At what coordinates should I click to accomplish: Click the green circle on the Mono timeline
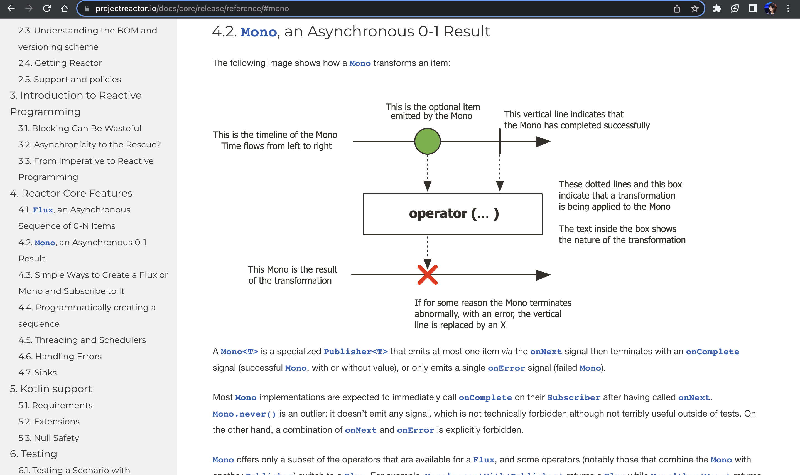point(427,141)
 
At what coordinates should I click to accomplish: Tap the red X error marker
point(427,275)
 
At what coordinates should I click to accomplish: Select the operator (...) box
point(452,214)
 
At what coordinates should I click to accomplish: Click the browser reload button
point(47,8)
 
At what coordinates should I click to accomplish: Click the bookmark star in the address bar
point(694,8)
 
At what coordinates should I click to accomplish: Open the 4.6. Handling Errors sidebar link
point(60,356)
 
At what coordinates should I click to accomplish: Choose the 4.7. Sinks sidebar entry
point(38,372)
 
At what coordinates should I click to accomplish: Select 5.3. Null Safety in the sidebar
point(49,437)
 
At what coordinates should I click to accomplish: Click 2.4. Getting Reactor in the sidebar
point(60,63)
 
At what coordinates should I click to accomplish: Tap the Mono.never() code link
point(244,414)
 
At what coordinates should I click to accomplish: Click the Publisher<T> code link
point(356,352)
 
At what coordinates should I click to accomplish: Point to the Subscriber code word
point(573,397)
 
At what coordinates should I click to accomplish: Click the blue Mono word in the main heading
point(259,32)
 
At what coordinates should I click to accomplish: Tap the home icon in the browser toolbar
point(64,8)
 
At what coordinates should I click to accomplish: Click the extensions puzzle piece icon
point(717,8)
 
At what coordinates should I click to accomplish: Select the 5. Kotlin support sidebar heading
point(51,389)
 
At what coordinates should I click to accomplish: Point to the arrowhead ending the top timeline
point(543,141)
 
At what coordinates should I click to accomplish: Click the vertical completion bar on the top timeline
point(500,141)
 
